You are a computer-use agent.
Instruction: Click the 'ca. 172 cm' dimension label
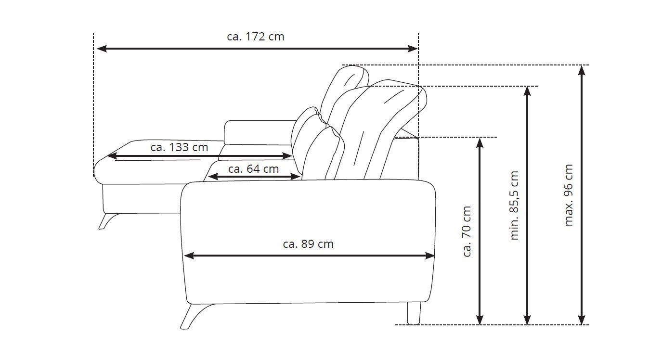tap(256, 37)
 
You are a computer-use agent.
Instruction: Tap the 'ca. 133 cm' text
tap(180, 147)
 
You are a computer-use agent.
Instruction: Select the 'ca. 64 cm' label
tap(254, 169)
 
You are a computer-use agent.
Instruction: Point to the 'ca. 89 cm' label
tap(308, 244)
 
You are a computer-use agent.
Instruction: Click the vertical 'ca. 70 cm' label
tap(467, 231)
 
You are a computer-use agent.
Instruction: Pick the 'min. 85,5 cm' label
tap(514, 206)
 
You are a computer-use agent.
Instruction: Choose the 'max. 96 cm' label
tap(569, 195)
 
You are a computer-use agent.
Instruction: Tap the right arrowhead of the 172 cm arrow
tap(413, 48)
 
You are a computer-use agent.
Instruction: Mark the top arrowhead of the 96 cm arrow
tap(582, 70)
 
